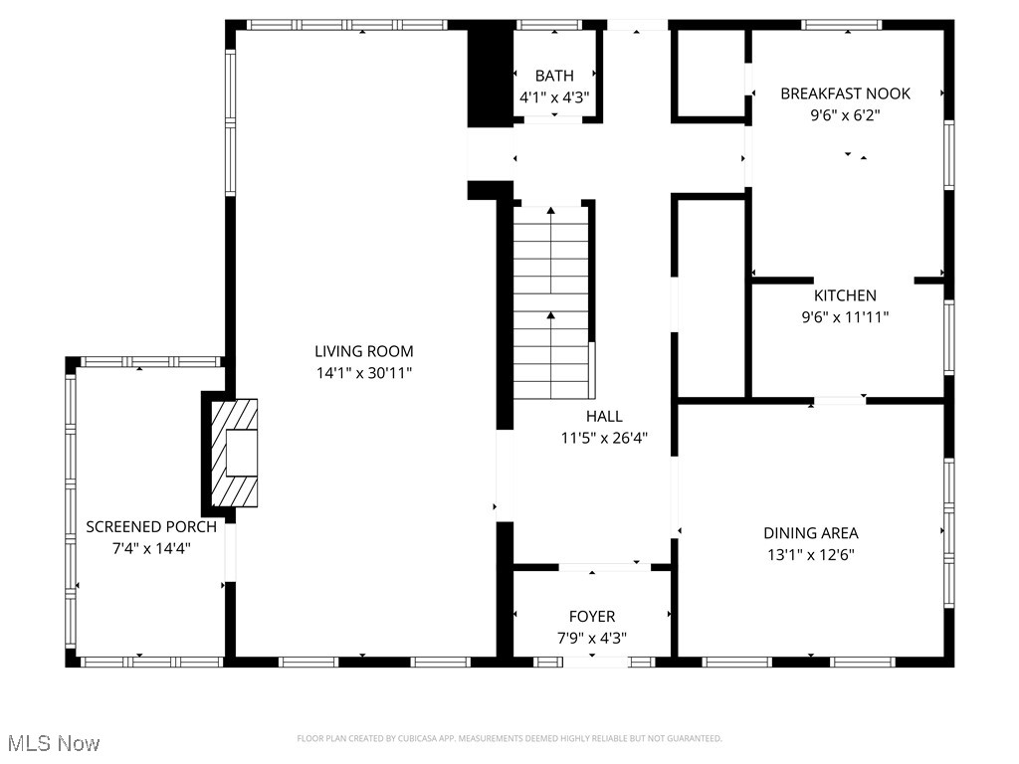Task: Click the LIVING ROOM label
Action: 363,351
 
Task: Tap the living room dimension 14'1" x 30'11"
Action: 363,373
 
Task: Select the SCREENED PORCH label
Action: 151,526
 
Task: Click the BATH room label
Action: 554,76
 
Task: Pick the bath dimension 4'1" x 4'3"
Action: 554,97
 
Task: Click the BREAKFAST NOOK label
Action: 845,94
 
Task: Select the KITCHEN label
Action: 845,295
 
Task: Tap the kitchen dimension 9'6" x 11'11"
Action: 845,317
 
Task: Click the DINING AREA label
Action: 810,533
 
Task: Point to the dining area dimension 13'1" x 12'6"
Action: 810,555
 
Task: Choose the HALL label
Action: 604,416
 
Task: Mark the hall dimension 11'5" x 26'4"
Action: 604,438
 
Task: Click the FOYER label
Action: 591,617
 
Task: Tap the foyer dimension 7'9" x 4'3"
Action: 591,639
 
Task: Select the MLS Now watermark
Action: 53,743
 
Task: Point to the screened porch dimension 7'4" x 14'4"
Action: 151,548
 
